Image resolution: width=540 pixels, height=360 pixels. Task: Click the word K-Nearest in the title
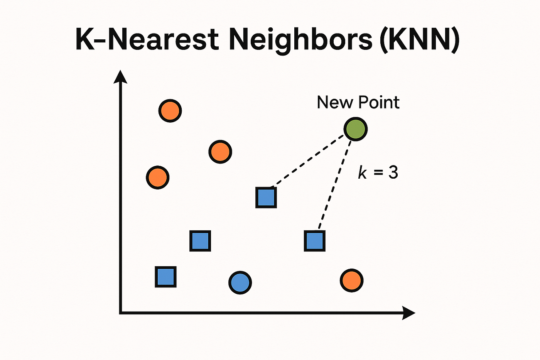[147, 40]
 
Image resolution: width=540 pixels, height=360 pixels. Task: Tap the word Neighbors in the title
[300, 40]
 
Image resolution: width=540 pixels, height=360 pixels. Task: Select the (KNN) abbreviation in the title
[420, 40]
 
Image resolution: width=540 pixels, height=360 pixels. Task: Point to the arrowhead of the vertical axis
[121, 77]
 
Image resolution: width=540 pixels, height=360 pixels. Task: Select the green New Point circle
[355, 129]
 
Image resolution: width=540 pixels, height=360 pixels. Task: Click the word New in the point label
[335, 102]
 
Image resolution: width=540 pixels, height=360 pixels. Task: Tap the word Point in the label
[379, 102]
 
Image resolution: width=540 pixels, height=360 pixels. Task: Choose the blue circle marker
[240, 282]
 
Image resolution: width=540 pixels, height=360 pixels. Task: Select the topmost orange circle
[170, 111]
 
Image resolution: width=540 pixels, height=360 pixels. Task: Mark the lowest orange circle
[351, 281]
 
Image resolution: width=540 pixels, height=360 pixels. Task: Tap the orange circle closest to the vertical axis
[158, 177]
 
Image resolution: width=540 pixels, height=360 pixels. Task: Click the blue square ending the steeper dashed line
[314, 241]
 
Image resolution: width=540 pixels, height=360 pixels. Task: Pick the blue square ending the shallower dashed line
[266, 197]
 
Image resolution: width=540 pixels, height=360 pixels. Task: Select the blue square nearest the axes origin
[166, 277]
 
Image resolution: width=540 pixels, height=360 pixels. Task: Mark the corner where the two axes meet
[121, 313]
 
